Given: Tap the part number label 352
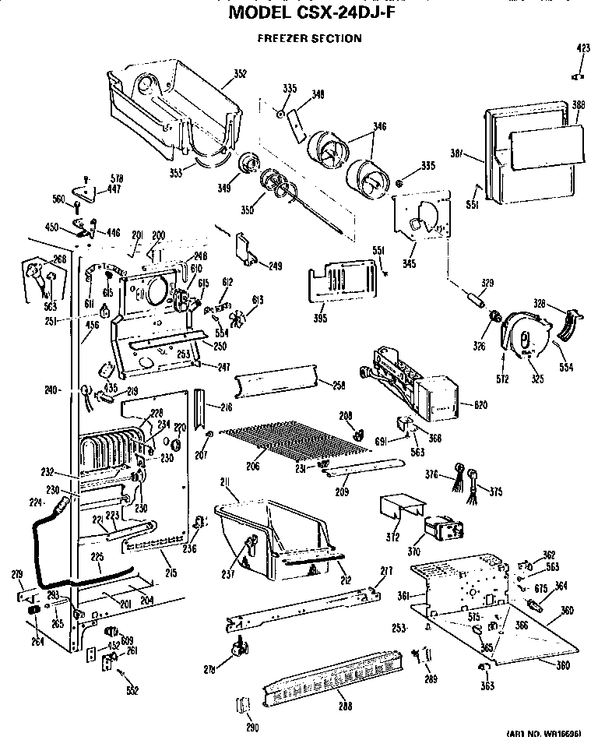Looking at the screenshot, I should tap(240, 75).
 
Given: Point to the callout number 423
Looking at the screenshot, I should tap(583, 48).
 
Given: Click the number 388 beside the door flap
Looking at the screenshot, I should tap(579, 105).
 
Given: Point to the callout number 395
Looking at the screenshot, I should tap(318, 318).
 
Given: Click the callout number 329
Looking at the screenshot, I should tap(488, 281).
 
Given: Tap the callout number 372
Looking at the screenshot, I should tap(392, 537).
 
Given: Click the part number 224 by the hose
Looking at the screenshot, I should tap(33, 502).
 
